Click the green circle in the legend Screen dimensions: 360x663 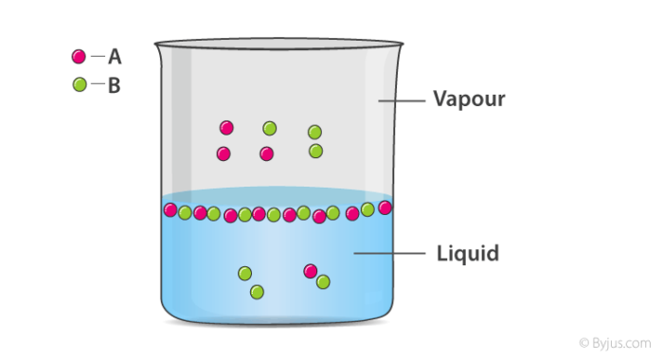[x=79, y=85]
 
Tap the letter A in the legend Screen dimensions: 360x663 [x=115, y=58]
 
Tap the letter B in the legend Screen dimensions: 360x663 [x=115, y=86]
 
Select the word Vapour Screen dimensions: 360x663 [x=469, y=99]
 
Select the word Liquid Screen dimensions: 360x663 [x=468, y=254]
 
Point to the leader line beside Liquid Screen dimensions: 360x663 [x=388, y=253]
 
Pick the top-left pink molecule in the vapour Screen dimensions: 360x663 [x=226, y=128]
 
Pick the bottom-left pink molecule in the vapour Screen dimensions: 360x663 [x=224, y=153]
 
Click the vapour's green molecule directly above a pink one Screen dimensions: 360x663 [x=270, y=128]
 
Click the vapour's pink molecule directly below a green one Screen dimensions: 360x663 [x=267, y=153]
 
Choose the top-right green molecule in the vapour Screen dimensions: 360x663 [x=314, y=132]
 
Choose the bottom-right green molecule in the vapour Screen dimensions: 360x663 [x=315, y=151]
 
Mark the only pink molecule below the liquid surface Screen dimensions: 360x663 [x=310, y=271]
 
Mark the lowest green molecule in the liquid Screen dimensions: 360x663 [x=257, y=292]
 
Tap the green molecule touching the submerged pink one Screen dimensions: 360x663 [x=323, y=281]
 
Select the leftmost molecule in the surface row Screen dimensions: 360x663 [x=170, y=209]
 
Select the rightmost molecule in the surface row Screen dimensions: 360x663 [x=385, y=207]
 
